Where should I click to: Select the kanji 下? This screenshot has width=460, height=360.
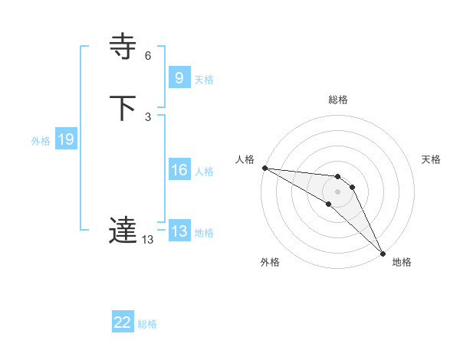123,108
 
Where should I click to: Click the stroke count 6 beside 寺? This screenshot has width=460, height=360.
148,56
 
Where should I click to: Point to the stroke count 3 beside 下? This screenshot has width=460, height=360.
148,116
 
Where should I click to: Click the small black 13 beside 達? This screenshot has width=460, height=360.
148,239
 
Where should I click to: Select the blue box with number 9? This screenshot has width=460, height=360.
179,78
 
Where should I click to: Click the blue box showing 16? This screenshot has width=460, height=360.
179,170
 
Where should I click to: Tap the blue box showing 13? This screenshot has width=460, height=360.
179,231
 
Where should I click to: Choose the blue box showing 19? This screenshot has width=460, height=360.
65,139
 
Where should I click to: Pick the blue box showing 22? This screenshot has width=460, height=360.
123,322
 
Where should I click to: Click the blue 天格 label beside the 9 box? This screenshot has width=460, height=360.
204,80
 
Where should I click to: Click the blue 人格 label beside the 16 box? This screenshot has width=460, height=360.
204,172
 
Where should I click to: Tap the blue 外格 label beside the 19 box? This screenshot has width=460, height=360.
41,141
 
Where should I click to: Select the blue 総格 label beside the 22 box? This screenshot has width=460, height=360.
147,324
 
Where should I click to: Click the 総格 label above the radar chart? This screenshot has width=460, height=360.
338,100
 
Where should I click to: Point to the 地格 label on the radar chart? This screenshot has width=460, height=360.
402,262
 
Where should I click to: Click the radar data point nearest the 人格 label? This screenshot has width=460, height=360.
264,168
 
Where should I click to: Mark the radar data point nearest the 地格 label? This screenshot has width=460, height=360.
383,253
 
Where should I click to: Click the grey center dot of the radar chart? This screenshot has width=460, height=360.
338,191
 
